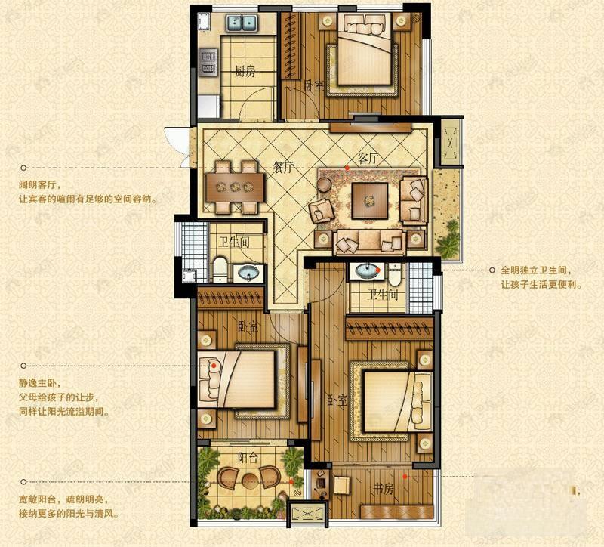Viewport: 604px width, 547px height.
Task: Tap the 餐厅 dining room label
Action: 283,167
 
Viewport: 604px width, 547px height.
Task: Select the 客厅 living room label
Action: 368,159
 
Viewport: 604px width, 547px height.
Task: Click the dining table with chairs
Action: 234,185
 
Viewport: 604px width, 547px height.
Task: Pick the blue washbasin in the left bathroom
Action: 246,273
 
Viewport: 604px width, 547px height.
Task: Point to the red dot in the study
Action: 405,476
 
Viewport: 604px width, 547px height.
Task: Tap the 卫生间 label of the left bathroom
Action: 234,243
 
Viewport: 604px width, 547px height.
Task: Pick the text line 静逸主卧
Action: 39,383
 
